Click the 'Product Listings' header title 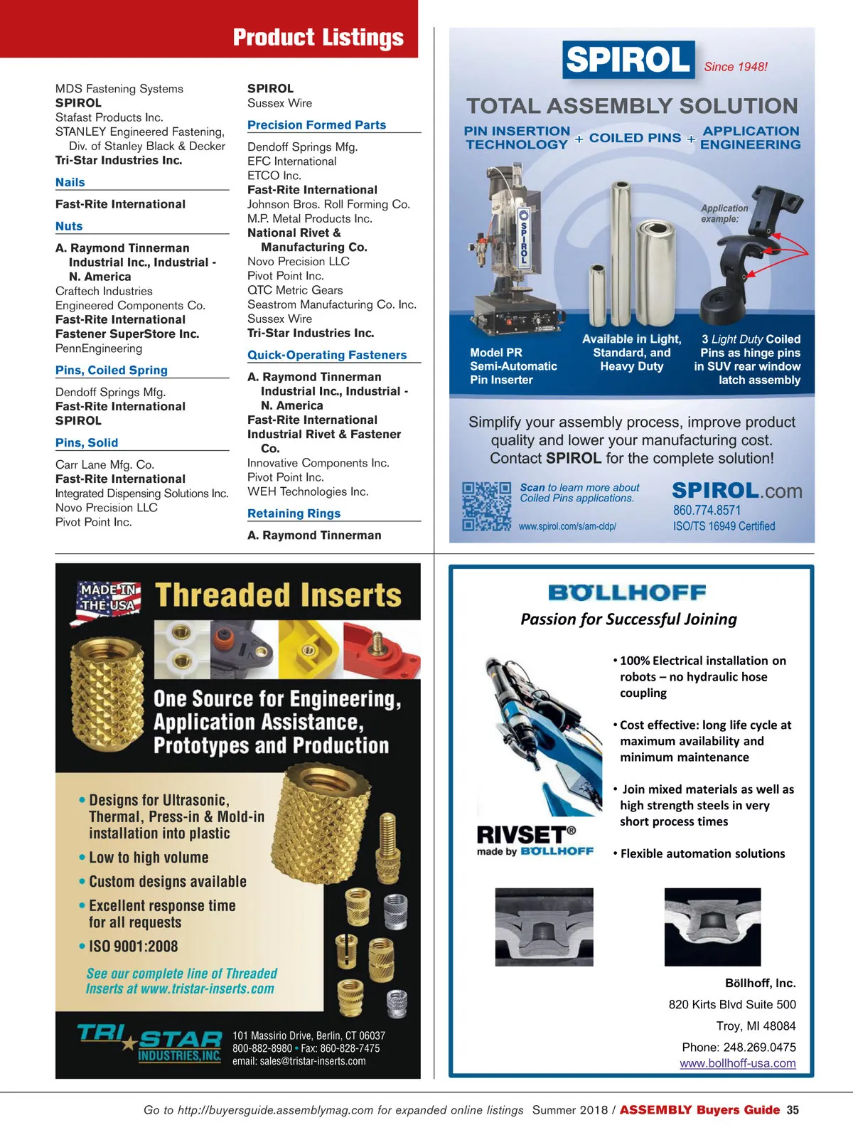[318, 37]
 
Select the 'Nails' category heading [70, 182]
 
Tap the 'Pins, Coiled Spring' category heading [112, 370]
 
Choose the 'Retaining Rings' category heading [294, 513]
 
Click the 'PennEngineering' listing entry [99, 348]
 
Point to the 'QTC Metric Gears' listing [295, 290]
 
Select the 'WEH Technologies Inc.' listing [308, 491]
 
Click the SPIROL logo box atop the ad [628, 59]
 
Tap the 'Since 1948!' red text [736, 67]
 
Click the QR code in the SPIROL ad [486, 506]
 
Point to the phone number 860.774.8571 [707, 510]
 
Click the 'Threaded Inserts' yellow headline [278, 595]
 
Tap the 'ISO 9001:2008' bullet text [133, 947]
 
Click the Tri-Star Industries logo [150, 1043]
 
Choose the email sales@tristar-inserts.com [299, 1061]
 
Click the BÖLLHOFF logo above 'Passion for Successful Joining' [627, 592]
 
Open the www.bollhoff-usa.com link [737, 1063]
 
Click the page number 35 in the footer [793, 1110]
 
